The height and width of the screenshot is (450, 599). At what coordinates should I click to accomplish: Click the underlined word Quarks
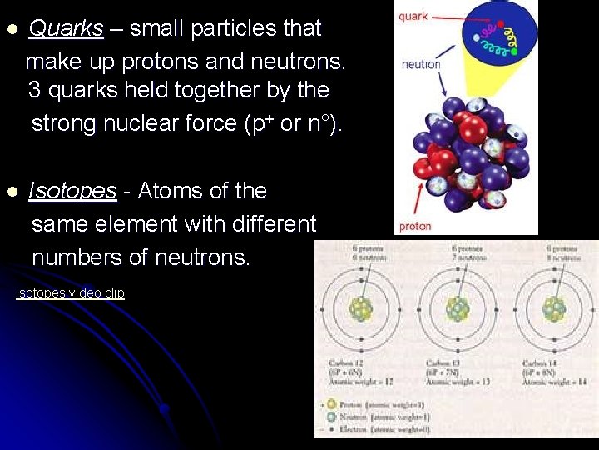coord(66,28)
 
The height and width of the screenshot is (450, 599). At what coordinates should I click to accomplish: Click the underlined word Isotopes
coord(72,191)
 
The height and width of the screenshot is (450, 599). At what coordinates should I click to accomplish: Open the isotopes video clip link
coord(70,293)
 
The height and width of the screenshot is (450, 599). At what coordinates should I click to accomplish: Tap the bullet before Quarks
coord(12,30)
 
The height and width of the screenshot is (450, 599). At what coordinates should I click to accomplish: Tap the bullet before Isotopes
coord(12,192)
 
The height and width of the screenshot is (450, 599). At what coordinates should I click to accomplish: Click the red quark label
coord(413,16)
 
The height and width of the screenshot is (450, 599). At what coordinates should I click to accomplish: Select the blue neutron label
coord(420,64)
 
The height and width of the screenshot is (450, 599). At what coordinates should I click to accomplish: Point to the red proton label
coord(415,226)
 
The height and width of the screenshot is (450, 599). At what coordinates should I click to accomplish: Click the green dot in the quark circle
coord(514,52)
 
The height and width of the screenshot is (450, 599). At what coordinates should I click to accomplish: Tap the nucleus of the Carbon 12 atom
coord(361,310)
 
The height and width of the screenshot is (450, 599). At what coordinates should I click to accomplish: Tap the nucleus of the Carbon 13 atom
coord(458,310)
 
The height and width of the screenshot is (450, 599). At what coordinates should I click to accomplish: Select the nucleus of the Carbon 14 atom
coord(554,310)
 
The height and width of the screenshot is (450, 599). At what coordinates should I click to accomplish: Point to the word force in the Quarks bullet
coord(210,123)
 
